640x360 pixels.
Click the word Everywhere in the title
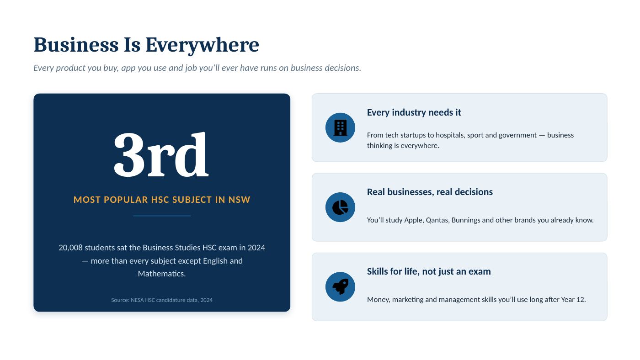click(202, 45)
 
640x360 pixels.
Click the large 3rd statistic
click(161, 154)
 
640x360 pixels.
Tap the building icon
click(340, 127)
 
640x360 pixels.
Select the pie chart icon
click(340, 207)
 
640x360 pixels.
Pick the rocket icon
click(340, 286)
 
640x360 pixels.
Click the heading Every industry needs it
click(414, 112)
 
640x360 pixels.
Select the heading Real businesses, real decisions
click(430, 192)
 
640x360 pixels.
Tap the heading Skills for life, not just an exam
click(429, 271)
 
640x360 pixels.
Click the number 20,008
click(70, 248)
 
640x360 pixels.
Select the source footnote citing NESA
click(162, 300)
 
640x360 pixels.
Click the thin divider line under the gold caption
click(162, 216)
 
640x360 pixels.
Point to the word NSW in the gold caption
click(239, 200)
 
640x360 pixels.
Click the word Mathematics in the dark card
click(162, 274)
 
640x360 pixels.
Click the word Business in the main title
click(76, 45)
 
